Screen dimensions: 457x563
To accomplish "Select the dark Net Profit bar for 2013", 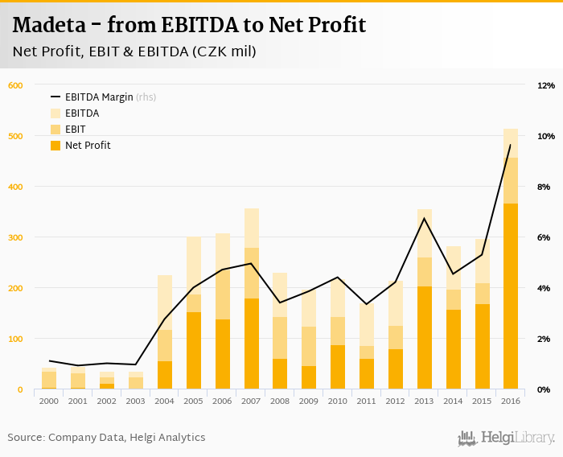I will [x=424, y=338].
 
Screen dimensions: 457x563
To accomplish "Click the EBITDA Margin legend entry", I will [x=99, y=97].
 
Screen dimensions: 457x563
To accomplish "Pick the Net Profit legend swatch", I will [x=55, y=146].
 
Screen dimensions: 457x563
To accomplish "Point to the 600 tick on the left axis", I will [x=15, y=85].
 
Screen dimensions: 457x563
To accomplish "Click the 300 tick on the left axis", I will [x=15, y=237].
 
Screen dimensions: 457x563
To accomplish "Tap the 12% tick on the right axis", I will [x=545, y=85].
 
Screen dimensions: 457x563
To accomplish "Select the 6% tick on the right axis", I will [x=544, y=237].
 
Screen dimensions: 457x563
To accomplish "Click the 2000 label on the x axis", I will [x=49, y=401].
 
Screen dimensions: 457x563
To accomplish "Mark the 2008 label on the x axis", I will [x=280, y=401].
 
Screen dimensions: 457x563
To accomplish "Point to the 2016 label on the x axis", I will [x=511, y=401].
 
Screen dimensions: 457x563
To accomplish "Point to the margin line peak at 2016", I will [x=511, y=145].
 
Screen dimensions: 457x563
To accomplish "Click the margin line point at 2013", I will [x=424, y=218].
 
